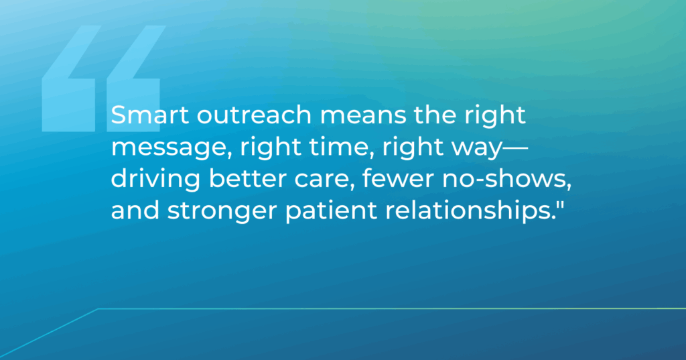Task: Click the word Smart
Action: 150,115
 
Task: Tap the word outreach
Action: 254,115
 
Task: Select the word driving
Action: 155,180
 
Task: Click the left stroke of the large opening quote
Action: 69,79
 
